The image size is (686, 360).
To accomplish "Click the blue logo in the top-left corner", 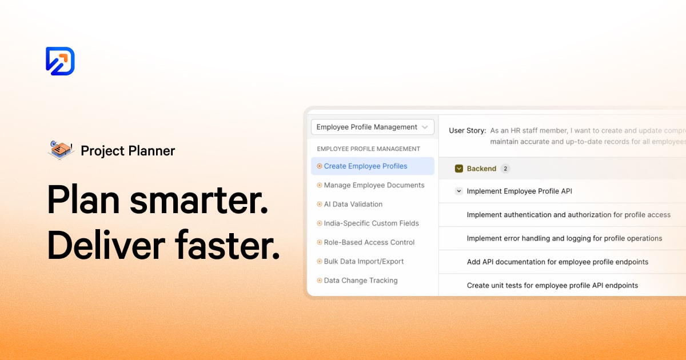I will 60,61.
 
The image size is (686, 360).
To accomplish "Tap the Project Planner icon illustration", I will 61,150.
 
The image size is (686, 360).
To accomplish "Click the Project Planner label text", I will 127,151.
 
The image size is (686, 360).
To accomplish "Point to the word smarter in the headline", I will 199,200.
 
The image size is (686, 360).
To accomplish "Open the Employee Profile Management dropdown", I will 372,127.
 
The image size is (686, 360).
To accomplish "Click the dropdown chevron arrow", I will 425,127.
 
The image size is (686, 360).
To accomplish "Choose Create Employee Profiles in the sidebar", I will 365,166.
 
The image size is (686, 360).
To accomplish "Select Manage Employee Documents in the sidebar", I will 374,185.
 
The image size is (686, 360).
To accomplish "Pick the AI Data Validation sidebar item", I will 353,204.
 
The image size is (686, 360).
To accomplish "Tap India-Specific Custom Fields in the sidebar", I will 371,223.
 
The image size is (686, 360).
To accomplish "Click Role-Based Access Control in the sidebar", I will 369,242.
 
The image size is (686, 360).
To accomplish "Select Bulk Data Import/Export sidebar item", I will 364,261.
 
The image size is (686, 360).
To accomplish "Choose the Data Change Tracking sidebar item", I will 360,281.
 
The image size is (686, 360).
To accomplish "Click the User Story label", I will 467,130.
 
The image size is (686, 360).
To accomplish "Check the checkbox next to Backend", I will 458,169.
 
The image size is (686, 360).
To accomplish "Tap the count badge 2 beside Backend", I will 505,169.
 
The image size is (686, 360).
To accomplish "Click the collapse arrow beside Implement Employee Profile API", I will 458,191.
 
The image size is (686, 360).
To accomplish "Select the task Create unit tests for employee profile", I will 552,285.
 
